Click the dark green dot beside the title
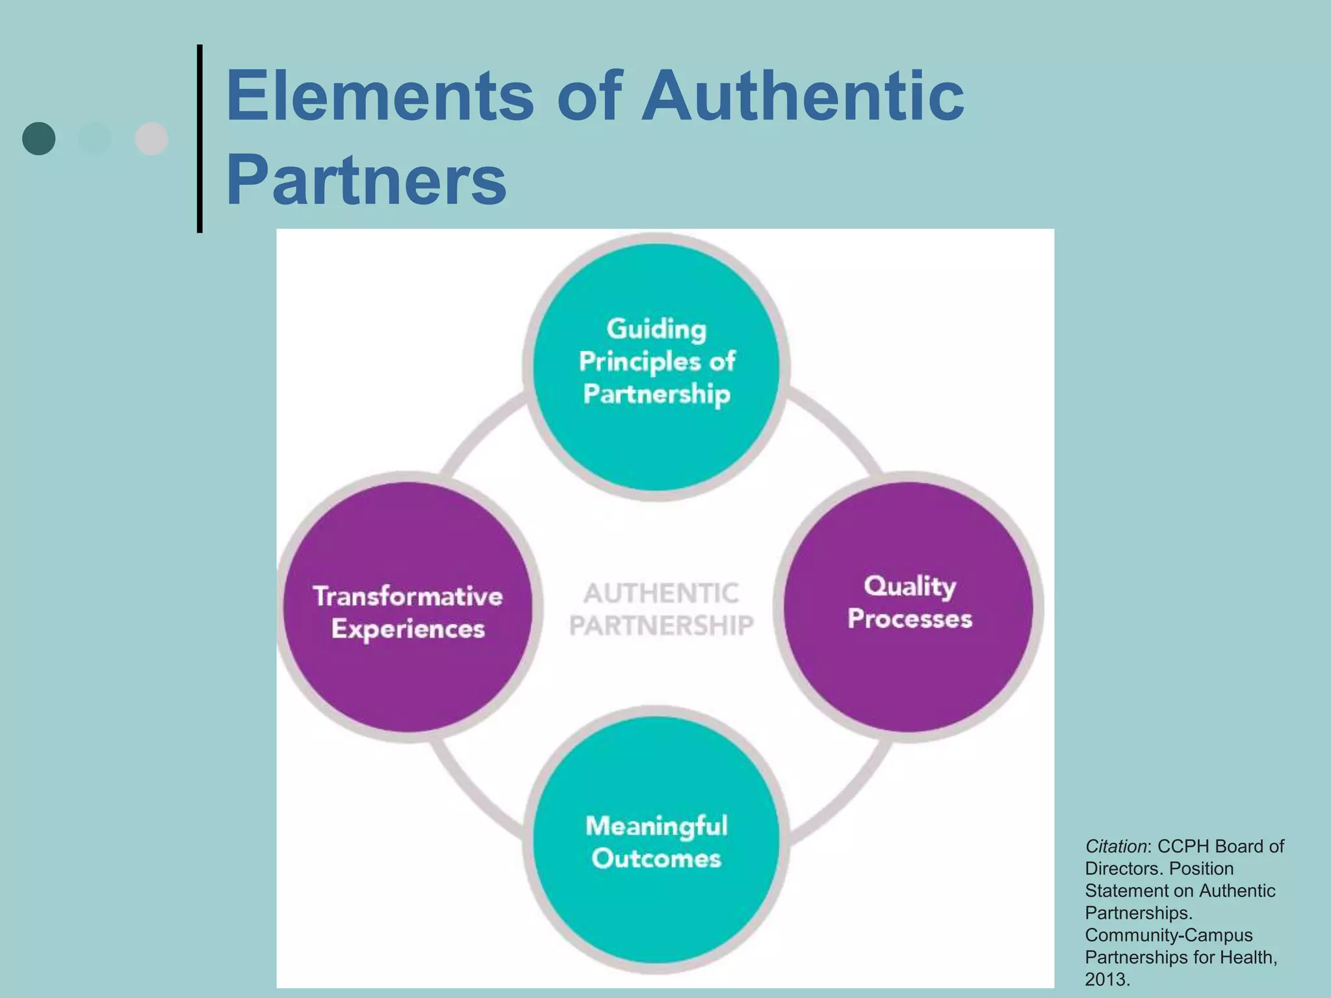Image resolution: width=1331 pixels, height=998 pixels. tap(39, 138)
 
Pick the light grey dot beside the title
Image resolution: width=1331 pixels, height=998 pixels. tap(151, 138)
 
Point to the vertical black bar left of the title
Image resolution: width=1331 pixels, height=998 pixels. tap(200, 138)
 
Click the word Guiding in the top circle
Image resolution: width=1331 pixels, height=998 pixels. tap(656, 329)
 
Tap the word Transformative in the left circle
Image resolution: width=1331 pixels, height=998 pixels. tap(408, 596)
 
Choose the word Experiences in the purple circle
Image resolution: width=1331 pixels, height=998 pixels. tap(408, 629)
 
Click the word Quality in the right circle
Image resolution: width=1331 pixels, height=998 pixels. tap(910, 586)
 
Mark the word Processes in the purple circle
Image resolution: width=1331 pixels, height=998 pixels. tap(910, 619)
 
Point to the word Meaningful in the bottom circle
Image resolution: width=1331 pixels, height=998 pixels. tap(656, 826)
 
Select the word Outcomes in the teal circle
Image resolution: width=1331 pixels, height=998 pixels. tap(656, 859)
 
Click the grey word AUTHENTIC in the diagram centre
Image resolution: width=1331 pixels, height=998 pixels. tap(661, 593)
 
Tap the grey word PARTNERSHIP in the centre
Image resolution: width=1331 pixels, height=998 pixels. tap(661, 626)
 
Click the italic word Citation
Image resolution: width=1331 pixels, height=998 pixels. tap(1115, 847)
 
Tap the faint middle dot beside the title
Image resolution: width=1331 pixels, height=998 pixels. tap(95, 138)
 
